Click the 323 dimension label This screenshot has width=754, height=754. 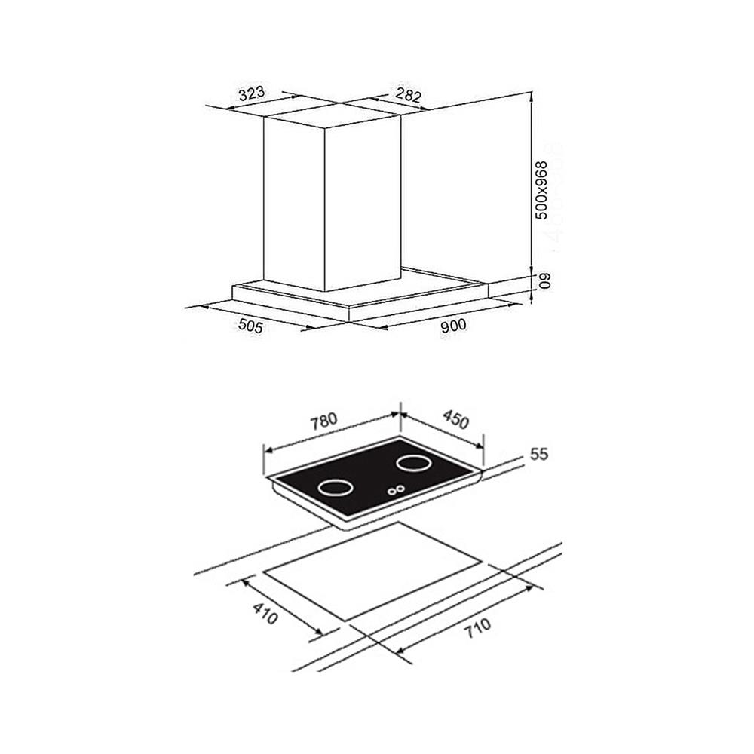[x=252, y=93]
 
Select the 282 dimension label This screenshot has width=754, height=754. [x=408, y=95]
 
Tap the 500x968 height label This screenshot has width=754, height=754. [x=542, y=190]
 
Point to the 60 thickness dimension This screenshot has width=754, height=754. [x=544, y=280]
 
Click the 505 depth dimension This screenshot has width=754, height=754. [x=251, y=326]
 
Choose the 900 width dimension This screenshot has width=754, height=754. [x=453, y=326]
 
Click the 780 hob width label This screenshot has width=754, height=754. [x=323, y=421]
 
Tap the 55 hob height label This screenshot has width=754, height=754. [x=538, y=454]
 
